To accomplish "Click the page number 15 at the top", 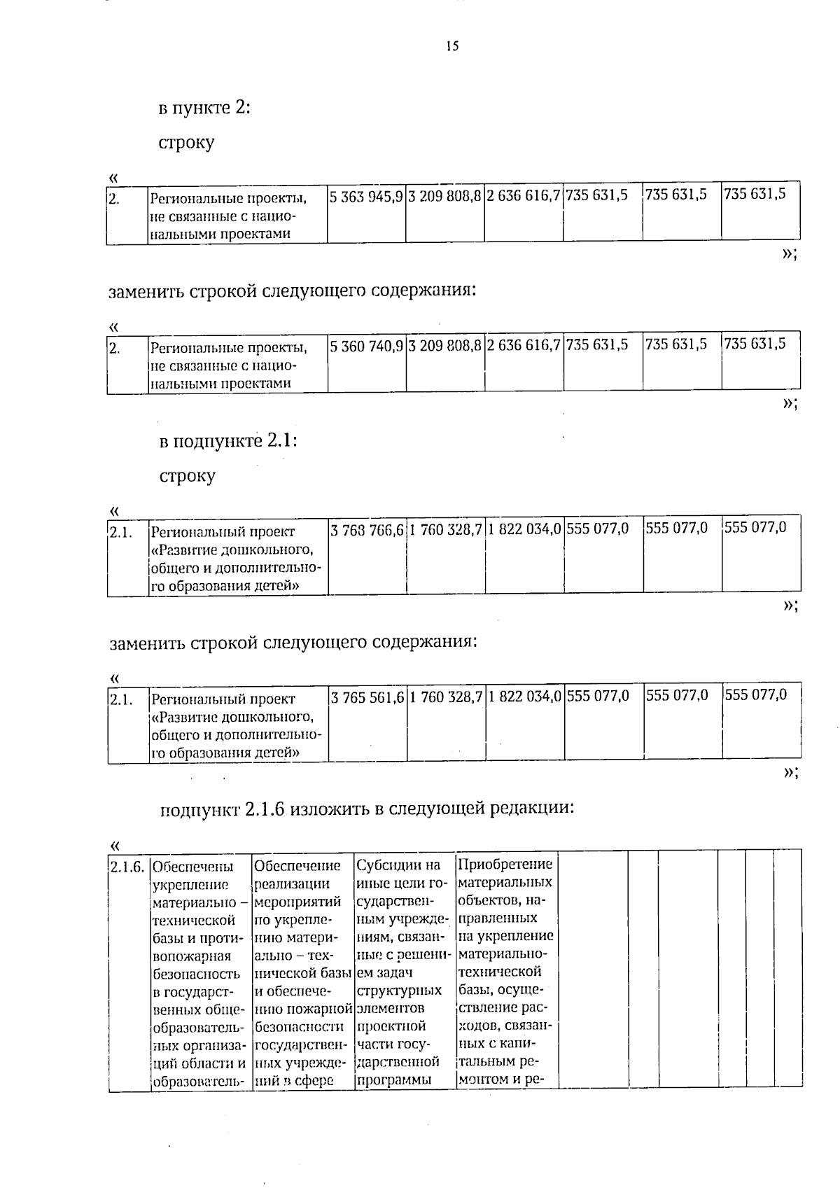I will click(451, 46).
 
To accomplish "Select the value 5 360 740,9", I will click(366, 345).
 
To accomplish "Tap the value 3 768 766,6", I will click(366, 530).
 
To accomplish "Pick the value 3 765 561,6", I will click(366, 697).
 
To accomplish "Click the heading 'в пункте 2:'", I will click(204, 109).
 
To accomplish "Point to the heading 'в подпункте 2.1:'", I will click(229, 442).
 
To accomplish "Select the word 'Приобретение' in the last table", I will click(505, 864).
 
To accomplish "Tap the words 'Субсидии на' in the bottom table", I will click(398, 865).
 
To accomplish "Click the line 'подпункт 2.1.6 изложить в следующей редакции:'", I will click(367, 809).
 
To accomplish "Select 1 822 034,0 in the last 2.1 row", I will click(525, 697).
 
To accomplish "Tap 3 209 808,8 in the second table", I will click(445, 345).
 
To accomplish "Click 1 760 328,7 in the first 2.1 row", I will click(445, 530).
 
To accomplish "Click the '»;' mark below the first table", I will click(790, 254).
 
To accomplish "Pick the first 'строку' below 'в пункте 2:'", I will click(186, 143).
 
